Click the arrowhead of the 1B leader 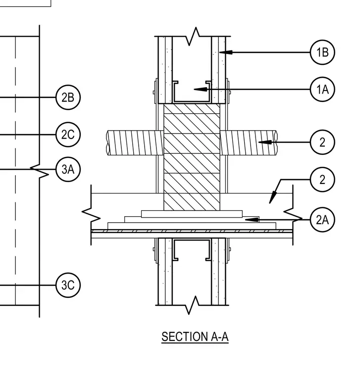coord(226,52)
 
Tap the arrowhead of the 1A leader coord(201,90)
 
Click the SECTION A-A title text coord(195,337)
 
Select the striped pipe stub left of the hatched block coord(135,142)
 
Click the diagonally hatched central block coord(192,157)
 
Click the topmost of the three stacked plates coord(192,214)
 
